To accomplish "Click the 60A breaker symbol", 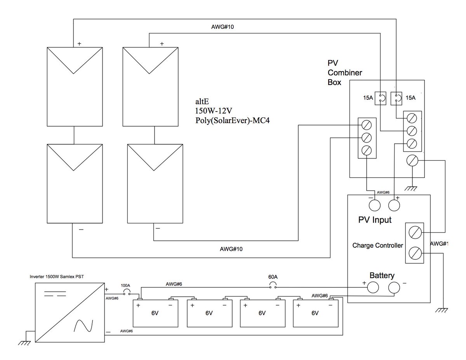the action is [x=273, y=285].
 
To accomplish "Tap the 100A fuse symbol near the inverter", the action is [x=126, y=292].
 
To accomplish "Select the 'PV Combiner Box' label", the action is [x=344, y=73].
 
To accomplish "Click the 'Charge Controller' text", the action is [x=377, y=245].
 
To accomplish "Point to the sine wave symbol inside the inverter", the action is [x=83, y=326].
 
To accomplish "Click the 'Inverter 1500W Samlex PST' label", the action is [x=57, y=277].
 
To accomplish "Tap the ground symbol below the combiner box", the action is [x=411, y=188].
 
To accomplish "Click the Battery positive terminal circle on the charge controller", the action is [x=373, y=287].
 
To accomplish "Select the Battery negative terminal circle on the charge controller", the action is [x=394, y=287].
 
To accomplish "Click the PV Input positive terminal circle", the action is [x=394, y=205].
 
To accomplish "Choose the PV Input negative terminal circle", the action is [x=375, y=205].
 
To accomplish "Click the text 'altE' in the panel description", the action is [x=202, y=101].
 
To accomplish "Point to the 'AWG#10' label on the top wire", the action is [x=223, y=27].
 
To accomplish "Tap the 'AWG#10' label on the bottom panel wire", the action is [x=231, y=249].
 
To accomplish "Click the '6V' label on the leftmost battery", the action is [x=155, y=313].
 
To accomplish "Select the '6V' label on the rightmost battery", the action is [x=315, y=313].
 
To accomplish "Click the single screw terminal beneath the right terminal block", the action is [x=412, y=160].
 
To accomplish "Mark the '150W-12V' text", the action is [x=213, y=111].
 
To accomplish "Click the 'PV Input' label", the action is [x=375, y=220].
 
